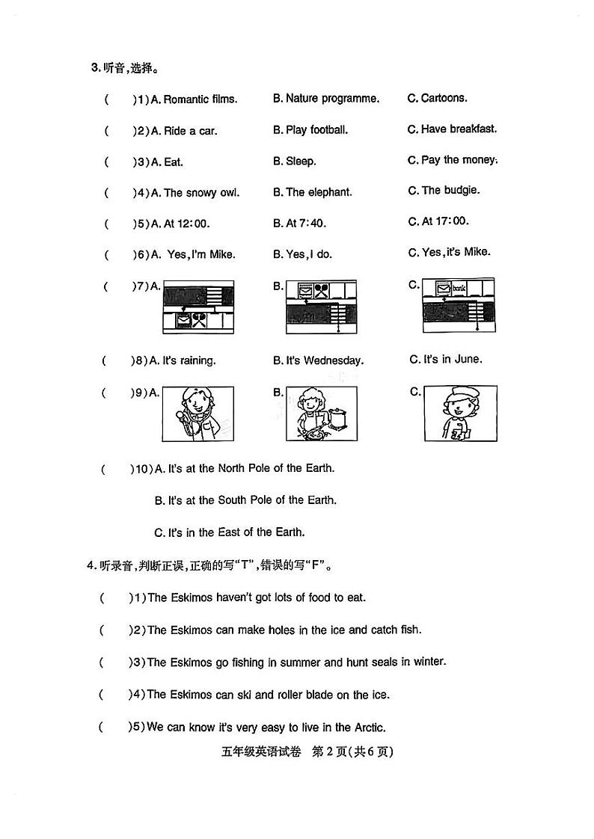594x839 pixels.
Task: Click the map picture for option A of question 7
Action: tap(198, 307)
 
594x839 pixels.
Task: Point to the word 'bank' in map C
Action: tap(464, 287)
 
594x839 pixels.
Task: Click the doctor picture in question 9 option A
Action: tap(198, 414)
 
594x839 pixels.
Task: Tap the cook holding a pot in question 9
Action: tap(321, 414)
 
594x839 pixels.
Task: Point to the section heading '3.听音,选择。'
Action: tap(124, 68)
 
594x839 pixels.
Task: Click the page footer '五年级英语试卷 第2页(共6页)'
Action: tap(297, 752)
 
